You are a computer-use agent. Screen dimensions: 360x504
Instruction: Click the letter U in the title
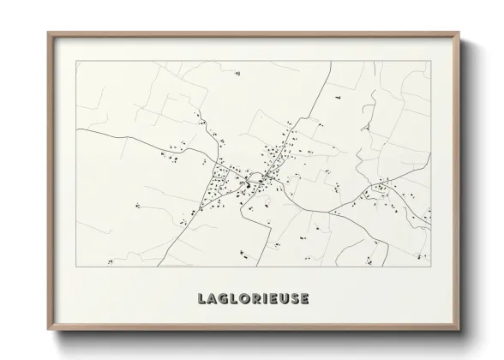pos(292,299)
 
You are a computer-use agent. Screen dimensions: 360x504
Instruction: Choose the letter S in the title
pos(306,299)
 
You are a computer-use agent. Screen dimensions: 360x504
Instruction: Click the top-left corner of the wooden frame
pos(48,32)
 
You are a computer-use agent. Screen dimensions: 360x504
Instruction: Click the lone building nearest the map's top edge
pos(236,75)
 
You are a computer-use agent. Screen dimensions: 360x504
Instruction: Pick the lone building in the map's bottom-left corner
pos(135,205)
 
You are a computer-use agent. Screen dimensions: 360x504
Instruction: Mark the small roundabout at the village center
pos(249,183)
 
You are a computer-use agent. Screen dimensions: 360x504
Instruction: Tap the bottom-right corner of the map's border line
pos(429,266)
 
